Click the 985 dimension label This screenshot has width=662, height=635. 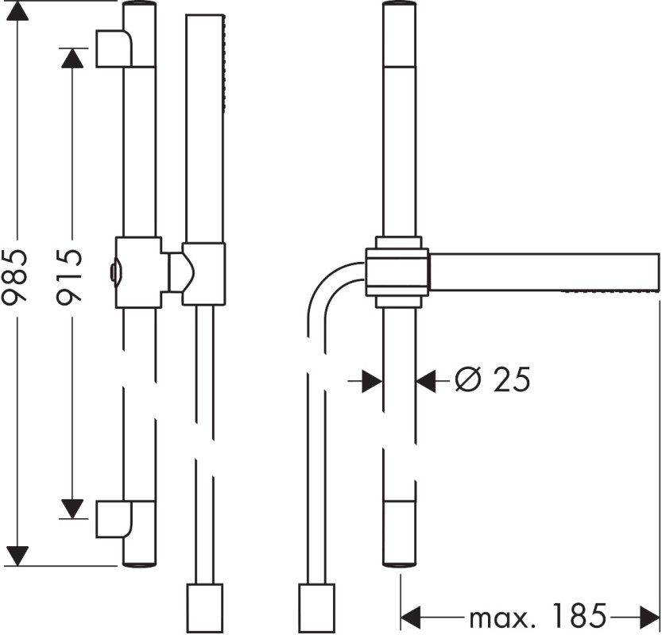[16, 276]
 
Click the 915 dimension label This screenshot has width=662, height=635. [70, 276]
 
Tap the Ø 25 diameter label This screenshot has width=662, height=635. [492, 379]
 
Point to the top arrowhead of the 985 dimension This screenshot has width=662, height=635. [17, 10]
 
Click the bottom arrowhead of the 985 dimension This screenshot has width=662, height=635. [17, 556]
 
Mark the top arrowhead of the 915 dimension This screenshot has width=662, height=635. [72, 58]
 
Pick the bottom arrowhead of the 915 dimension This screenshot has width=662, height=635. [72, 509]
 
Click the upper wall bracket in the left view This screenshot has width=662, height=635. [114, 48]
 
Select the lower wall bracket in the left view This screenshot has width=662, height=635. [114, 519]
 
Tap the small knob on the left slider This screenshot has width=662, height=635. [114, 274]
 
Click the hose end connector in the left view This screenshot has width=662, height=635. [205, 608]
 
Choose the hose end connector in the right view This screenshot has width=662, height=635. [316, 608]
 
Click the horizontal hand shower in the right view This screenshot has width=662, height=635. [544, 272]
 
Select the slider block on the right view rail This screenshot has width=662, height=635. [397, 272]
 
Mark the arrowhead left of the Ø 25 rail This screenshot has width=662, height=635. [373, 382]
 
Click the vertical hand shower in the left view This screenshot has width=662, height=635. [205, 129]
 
